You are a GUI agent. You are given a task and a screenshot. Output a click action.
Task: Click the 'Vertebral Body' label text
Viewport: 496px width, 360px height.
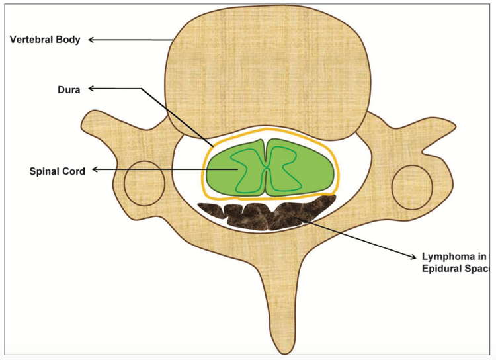tap(45, 40)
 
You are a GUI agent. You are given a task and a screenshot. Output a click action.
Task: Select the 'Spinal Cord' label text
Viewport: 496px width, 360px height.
tap(57, 170)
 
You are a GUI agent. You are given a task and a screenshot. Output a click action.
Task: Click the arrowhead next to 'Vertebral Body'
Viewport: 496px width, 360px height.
tap(92, 40)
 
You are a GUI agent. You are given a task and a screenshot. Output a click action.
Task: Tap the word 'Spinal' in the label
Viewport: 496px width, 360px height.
tap(44, 170)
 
